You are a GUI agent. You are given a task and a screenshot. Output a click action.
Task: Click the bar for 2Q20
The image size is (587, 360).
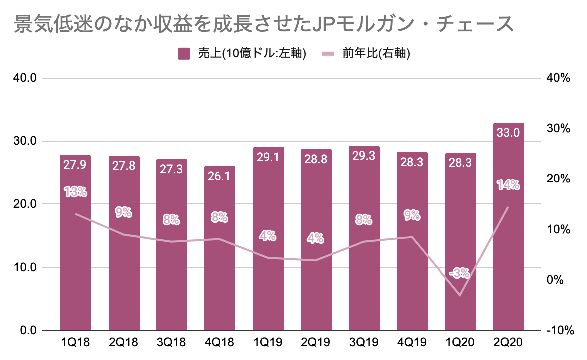click(x=509, y=239)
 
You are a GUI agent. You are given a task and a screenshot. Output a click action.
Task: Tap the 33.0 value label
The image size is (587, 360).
click(x=509, y=132)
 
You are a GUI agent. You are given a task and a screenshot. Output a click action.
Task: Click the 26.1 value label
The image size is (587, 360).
click(x=219, y=176)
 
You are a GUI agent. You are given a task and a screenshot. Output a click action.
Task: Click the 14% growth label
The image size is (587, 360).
click(x=508, y=185)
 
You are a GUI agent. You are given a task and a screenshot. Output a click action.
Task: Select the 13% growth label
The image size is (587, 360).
click(x=75, y=191)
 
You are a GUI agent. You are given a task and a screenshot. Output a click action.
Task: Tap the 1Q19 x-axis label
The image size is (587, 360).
click(x=268, y=345)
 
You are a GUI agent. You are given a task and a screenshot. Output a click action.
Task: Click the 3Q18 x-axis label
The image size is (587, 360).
click(x=171, y=345)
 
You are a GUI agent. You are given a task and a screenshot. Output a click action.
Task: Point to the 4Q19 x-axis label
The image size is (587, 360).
click(x=412, y=345)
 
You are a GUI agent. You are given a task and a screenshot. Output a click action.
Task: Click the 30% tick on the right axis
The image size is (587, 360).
click(x=557, y=129)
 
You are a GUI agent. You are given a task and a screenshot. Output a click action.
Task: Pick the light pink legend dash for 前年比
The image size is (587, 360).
click(x=329, y=54)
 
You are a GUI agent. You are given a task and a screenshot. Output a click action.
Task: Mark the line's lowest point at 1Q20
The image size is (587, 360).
click(x=460, y=296)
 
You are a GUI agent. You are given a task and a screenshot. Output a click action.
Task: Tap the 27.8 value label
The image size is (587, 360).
click(x=123, y=165)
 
